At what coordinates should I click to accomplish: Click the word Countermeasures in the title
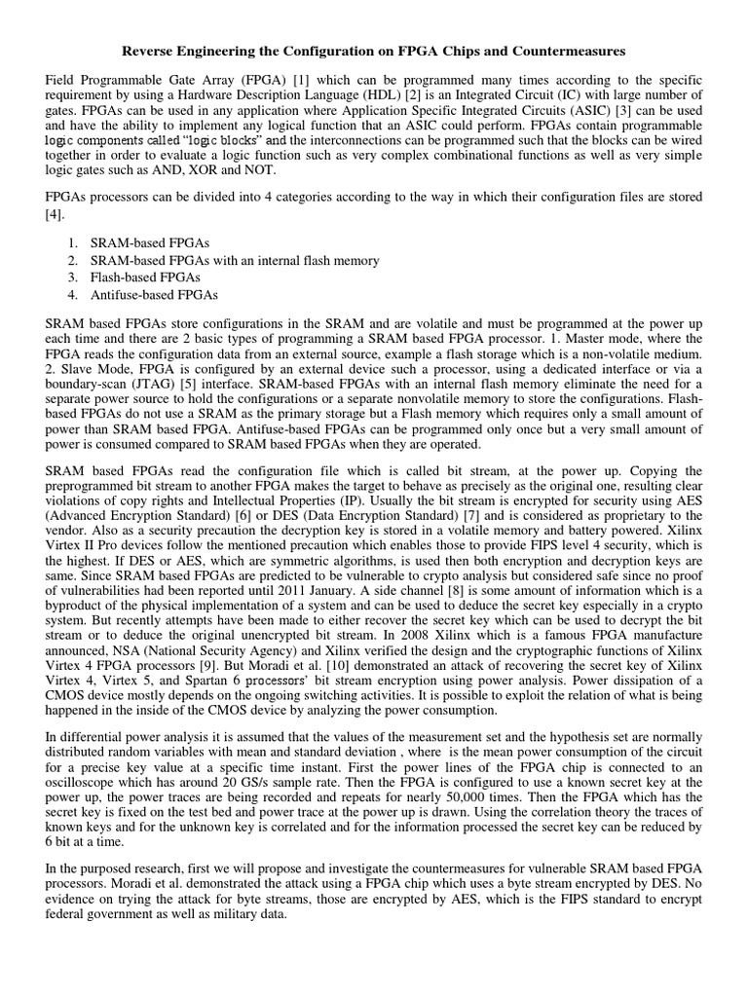click(571, 49)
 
